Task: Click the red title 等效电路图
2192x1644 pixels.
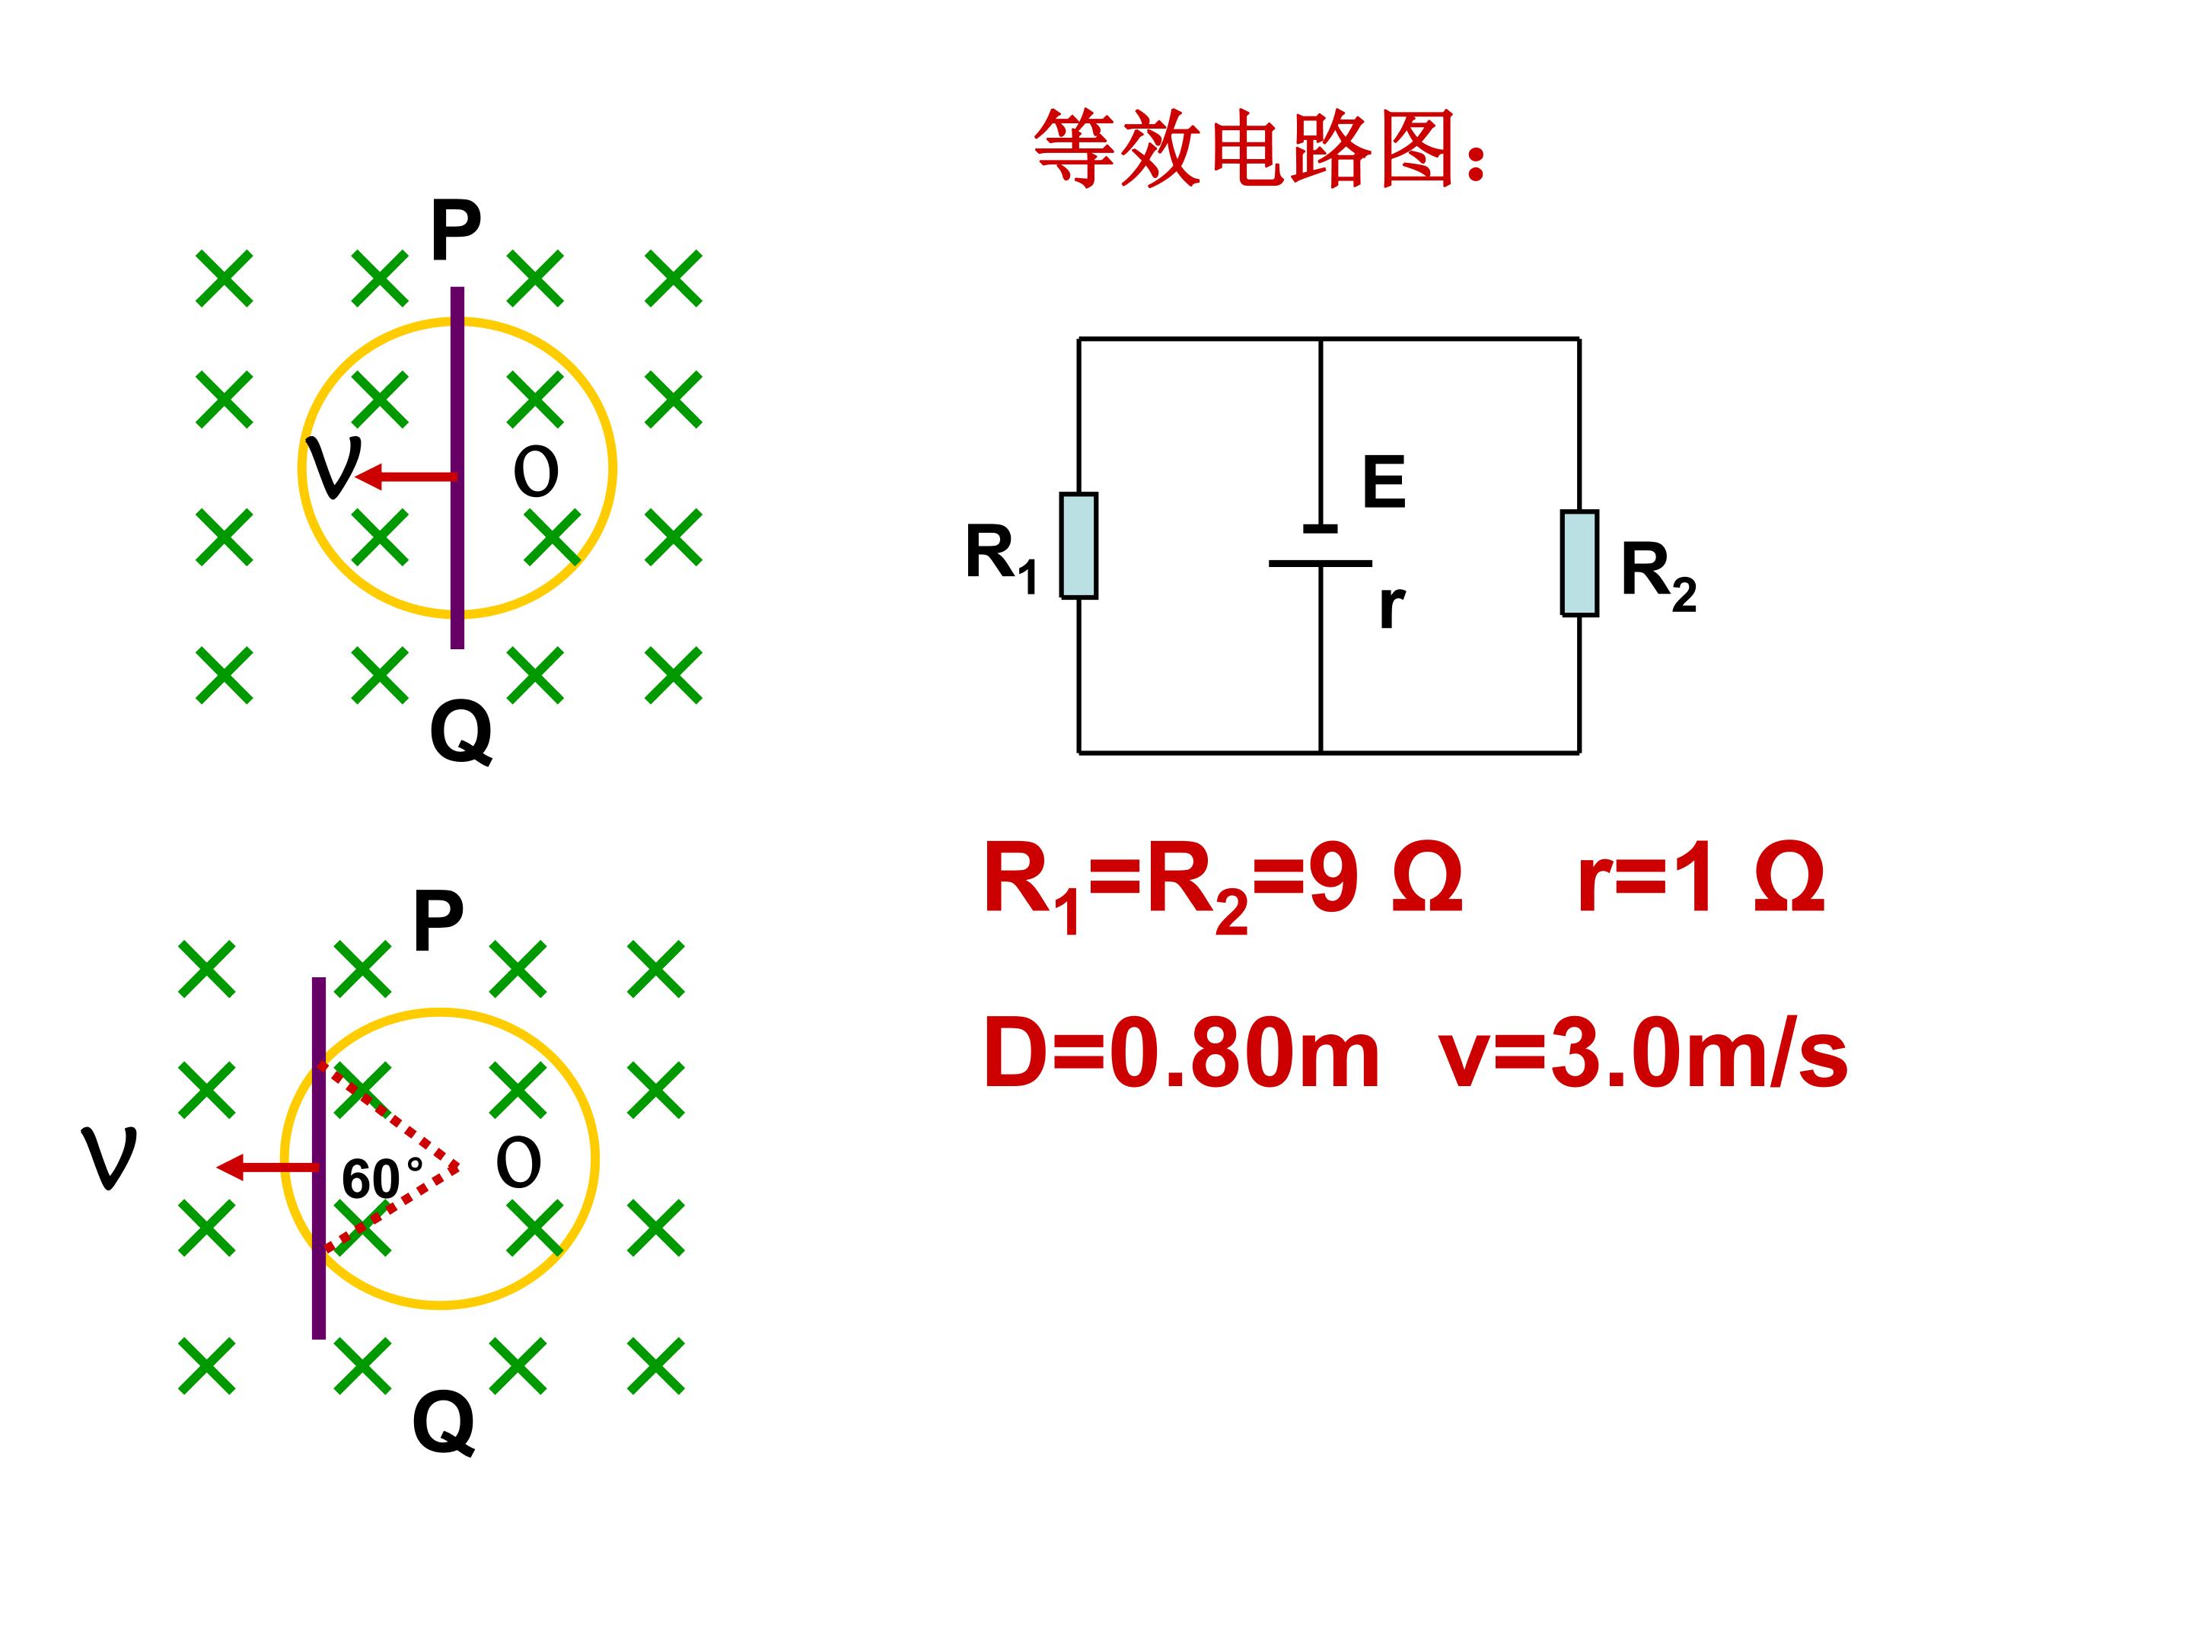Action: tap(1260, 148)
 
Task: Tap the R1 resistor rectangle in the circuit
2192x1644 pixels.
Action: tap(1078, 546)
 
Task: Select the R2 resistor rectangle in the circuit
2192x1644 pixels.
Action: tap(1579, 563)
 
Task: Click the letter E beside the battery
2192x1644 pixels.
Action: tap(1384, 483)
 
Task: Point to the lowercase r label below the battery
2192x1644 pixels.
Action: tap(1391, 606)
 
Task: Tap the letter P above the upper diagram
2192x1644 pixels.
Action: tap(456, 230)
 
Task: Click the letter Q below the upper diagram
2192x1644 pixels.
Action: tap(460, 732)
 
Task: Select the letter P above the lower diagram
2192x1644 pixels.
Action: tap(438, 921)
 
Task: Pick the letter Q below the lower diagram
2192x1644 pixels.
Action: tap(443, 1423)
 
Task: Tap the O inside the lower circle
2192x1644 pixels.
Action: tap(518, 1164)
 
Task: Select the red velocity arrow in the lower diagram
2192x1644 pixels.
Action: tap(268, 1168)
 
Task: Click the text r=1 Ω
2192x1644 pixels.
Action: tap(1700, 879)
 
